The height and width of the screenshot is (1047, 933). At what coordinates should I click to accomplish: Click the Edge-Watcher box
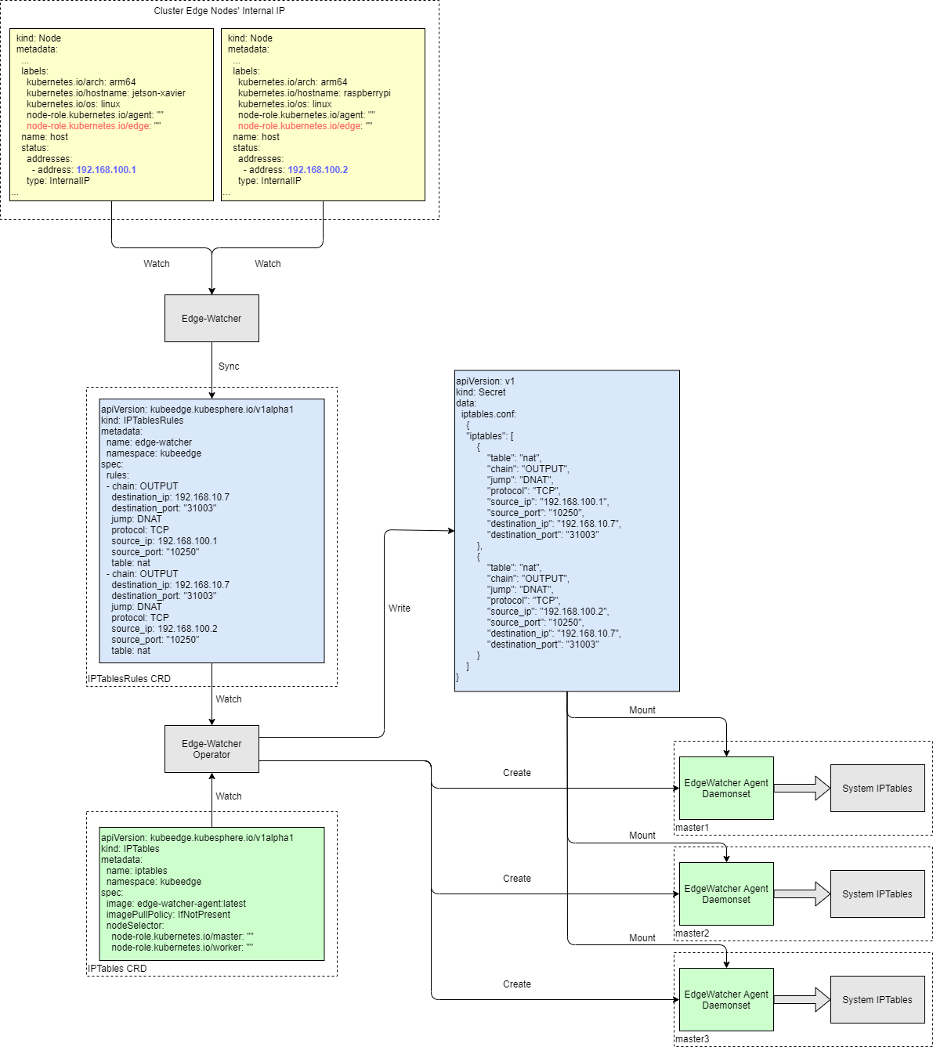coord(212,318)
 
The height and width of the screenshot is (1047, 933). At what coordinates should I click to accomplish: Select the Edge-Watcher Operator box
coord(212,749)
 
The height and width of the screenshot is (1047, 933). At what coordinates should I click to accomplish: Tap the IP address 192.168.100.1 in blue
coord(106,170)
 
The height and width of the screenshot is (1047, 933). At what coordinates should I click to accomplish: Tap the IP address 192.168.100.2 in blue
coord(317,170)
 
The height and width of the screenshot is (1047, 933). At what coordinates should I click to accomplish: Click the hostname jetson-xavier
coord(159,93)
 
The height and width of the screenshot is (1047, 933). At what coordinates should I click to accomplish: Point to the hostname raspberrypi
coord(367,93)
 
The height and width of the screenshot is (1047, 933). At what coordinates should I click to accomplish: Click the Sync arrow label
coord(229,366)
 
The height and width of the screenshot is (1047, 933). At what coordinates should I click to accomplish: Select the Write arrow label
coord(400,608)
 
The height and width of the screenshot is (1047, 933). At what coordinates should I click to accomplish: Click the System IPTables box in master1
coord(877,789)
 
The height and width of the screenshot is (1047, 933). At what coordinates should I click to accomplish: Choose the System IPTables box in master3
coord(877,1000)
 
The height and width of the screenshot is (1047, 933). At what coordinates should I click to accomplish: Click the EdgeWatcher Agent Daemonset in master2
coord(726,894)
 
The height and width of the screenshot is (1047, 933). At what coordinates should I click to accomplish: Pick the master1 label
coord(692,828)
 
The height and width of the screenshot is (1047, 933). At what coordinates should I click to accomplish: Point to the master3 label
coord(692,1039)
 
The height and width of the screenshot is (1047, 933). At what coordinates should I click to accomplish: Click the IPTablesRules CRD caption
coord(129,679)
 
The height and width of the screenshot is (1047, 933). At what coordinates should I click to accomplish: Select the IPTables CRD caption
coord(118,969)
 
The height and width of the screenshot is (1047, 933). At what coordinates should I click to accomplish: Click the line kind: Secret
coord(481,392)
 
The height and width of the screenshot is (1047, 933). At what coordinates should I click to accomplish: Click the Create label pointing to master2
coord(517,879)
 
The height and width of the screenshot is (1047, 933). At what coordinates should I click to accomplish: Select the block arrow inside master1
coord(802,789)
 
